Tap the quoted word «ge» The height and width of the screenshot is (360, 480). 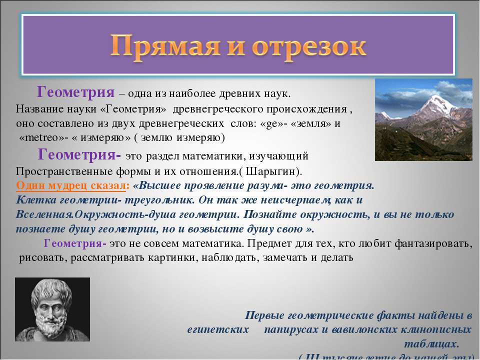pos(274,123)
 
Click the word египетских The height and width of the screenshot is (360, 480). pos(219,330)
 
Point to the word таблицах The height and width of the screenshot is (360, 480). pos(430,344)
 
